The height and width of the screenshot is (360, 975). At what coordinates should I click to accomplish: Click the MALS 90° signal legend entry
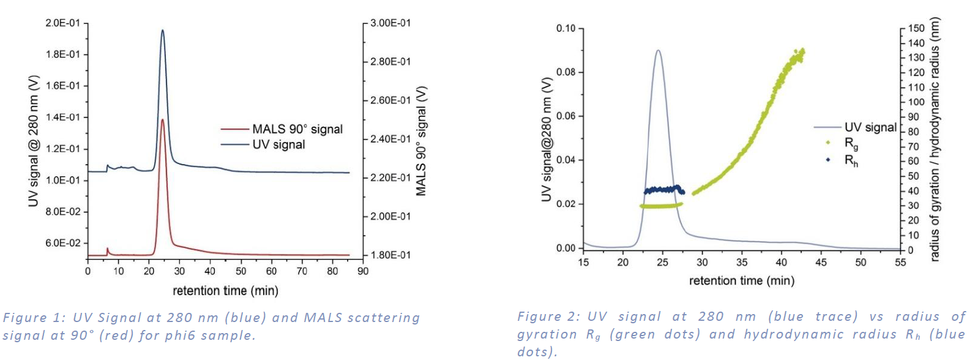pyautogui.click(x=297, y=129)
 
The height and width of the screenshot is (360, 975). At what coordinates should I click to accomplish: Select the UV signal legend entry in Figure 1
pyautogui.click(x=278, y=144)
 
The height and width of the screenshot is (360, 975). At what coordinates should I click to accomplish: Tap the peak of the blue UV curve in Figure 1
pyautogui.click(x=162, y=30)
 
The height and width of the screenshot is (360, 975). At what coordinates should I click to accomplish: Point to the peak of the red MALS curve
pyautogui.click(x=162, y=119)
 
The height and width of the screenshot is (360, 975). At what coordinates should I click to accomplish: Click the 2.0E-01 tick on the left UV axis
pyautogui.click(x=62, y=23)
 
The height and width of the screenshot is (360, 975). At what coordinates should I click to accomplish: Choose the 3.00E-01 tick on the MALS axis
pyautogui.click(x=390, y=23)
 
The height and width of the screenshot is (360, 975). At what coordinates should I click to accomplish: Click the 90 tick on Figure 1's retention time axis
pyautogui.click(x=363, y=271)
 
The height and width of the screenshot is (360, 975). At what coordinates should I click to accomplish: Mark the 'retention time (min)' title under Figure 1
pyautogui.click(x=225, y=290)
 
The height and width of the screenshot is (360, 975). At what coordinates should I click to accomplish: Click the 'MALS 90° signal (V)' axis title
pyautogui.click(x=420, y=141)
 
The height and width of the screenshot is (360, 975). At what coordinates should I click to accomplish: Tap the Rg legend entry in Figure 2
pyautogui.click(x=851, y=143)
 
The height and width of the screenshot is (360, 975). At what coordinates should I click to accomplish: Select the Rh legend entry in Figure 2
pyautogui.click(x=851, y=160)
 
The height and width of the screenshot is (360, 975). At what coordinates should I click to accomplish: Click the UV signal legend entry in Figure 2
pyautogui.click(x=870, y=127)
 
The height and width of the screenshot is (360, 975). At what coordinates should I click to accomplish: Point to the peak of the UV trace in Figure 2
pyautogui.click(x=658, y=50)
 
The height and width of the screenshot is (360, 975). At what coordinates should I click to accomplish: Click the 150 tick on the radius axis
pyautogui.click(x=916, y=28)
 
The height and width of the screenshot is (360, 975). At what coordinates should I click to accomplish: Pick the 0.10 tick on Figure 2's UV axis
pyautogui.click(x=566, y=28)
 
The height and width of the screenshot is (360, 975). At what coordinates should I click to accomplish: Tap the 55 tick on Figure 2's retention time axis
pyautogui.click(x=900, y=262)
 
